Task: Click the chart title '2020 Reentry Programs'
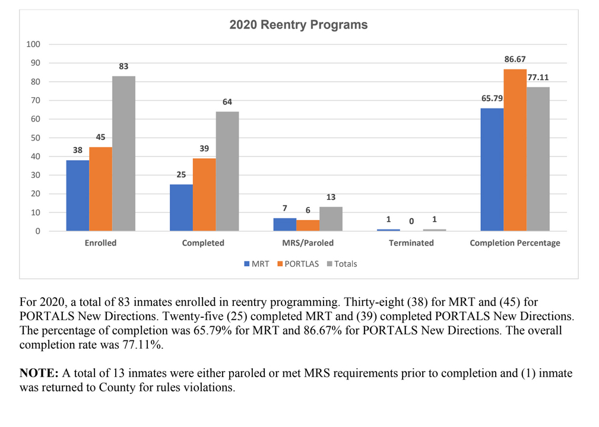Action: coord(299,25)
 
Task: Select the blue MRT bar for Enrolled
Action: coord(77,195)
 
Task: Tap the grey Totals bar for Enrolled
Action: coord(123,154)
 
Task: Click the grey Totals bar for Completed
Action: coord(227,171)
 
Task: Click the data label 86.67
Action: coord(515,59)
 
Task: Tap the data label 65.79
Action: coord(492,98)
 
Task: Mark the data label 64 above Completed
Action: coord(227,102)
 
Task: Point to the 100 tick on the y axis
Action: coord(33,44)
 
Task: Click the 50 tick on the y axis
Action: coord(36,138)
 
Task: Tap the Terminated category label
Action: coord(411,243)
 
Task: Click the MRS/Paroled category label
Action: coord(308,243)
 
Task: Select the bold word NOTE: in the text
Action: coord(39,374)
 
